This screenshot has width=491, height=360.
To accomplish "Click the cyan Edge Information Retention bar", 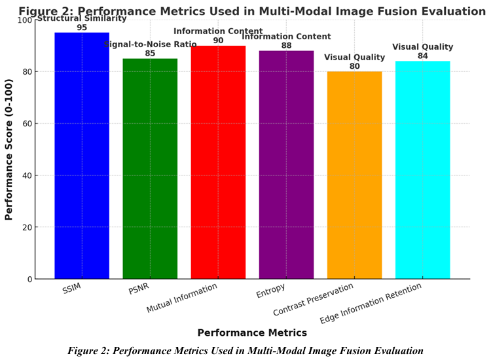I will coord(422,170).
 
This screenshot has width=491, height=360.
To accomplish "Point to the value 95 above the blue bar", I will coord(82,27).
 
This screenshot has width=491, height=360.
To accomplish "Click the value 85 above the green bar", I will coord(150,54).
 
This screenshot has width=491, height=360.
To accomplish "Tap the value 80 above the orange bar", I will coord(354,66).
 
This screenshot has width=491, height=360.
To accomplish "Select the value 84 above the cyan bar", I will coord(422,56).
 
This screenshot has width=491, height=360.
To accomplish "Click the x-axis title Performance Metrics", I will coord(252,333).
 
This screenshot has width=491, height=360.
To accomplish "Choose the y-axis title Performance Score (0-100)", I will coord(9,150).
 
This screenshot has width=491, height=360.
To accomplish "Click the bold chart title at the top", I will coord(251,11).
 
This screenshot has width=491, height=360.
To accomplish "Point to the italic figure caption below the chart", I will coord(245,351).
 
